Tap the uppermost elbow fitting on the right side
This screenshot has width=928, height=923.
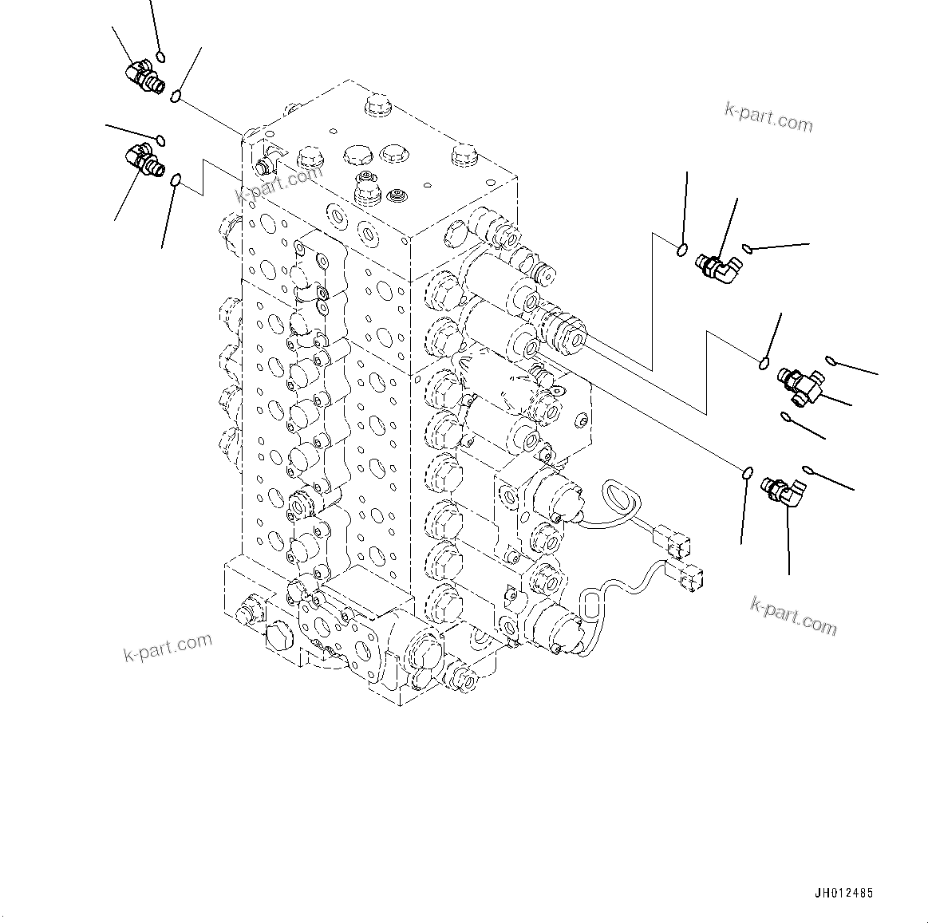pyautogui.click(x=716, y=266)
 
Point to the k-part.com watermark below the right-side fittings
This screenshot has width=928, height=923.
pyautogui.click(x=793, y=615)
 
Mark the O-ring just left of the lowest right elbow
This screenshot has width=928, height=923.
pyautogui.click(x=746, y=473)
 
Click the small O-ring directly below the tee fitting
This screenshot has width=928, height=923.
pyautogui.click(x=785, y=416)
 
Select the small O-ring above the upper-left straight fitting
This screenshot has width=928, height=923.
pyautogui.click(x=160, y=57)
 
